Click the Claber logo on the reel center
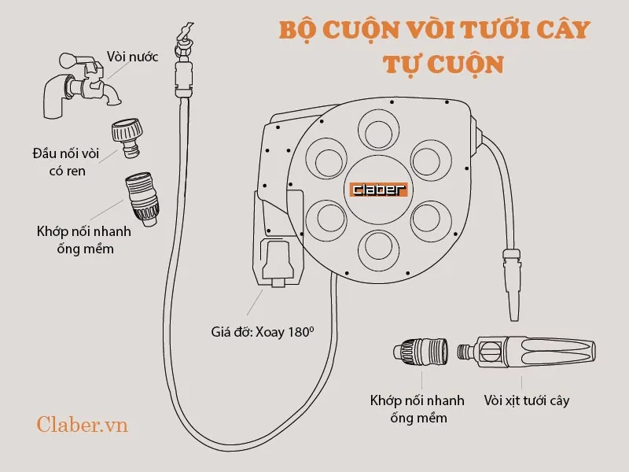coord(379,190)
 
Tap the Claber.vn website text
coord(83,425)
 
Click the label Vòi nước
coord(132,57)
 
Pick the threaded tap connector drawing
coord(127,137)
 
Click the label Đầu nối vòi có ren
coord(66,162)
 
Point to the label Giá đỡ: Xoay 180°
coord(263,332)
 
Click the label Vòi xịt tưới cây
coord(527,400)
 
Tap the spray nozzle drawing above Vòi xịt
coord(527,352)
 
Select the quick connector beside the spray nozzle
coord(421,352)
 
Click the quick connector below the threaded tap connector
coord(142,199)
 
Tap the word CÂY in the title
coord(564,29)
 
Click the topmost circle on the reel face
coord(378,130)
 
